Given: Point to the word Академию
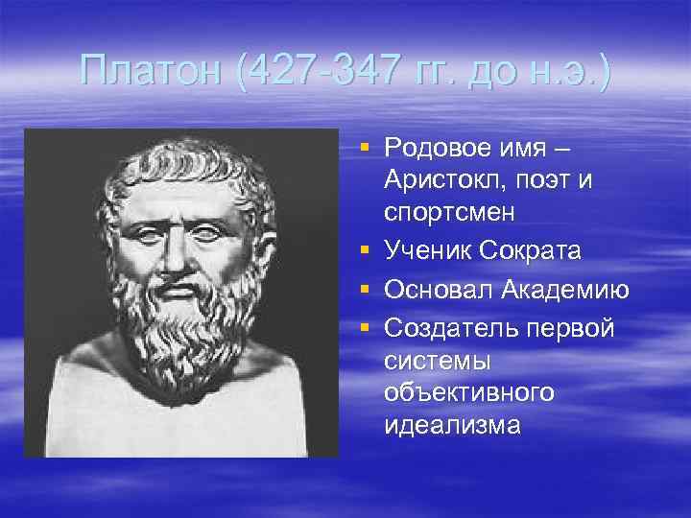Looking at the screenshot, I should pos(563,290).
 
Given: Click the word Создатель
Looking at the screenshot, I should pos(445,327).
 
